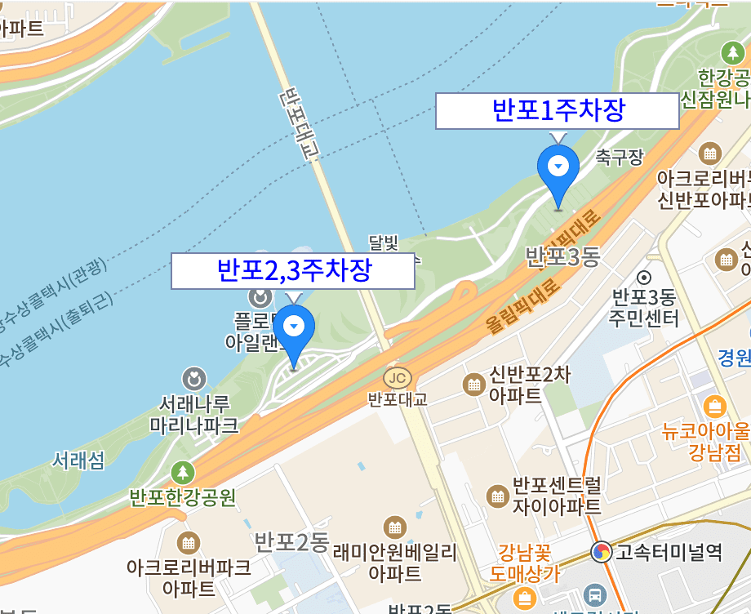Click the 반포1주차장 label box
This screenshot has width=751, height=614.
[x=558, y=111]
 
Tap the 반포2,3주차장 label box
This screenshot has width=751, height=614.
[x=293, y=270]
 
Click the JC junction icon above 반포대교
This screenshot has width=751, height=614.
[x=398, y=378]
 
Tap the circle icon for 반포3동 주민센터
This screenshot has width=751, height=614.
[x=645, y=278]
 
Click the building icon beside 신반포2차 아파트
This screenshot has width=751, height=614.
[x=473, y=384]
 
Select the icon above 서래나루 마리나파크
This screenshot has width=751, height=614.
[x=194, y=379]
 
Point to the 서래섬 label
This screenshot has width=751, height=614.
[x=78, y=461]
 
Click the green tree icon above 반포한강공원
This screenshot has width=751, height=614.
[x=183, y=473]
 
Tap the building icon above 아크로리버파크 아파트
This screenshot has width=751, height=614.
[x=189, y=543]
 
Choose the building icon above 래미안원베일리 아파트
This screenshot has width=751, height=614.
[x=395, y=528]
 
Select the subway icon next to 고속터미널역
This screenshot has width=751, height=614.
[x=602, y=553]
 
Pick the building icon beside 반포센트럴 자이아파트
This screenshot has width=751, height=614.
[x=496, y=496]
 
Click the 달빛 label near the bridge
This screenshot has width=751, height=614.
[x=383, y=242]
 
